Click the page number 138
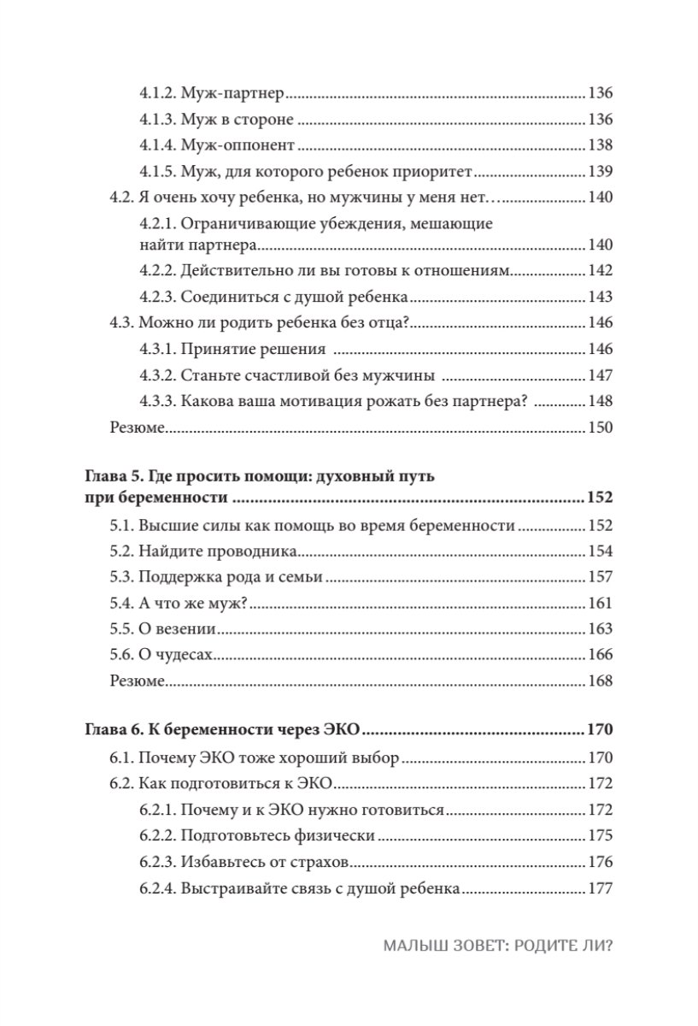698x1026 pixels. click(601, 145)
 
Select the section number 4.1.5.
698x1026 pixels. click(157, 171)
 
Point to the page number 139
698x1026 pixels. click(601, 171)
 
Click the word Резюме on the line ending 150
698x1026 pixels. click(137, 427)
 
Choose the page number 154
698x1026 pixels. click(601, 551)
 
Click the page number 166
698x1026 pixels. click(601, 654)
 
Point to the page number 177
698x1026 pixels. click(601, 887)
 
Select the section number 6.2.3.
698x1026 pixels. click(157, 862)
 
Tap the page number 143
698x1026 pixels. click(601, 298)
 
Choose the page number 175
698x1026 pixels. click(601, 836)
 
